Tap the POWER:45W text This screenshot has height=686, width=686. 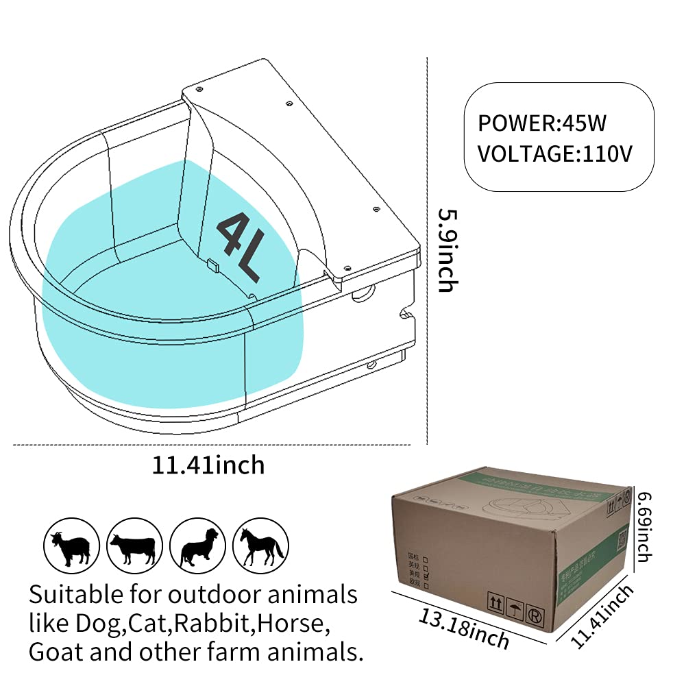point(542,123)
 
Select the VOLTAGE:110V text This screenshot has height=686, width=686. point(554,153)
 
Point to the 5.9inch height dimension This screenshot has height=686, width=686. point(446,249)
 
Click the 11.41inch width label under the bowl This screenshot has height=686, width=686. point(208,465)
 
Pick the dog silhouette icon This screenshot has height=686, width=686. point(198,546)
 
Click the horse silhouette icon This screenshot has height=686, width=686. point(260,546)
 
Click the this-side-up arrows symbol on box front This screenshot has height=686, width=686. point(493,600)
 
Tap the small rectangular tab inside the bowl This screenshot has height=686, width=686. point(212,262)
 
